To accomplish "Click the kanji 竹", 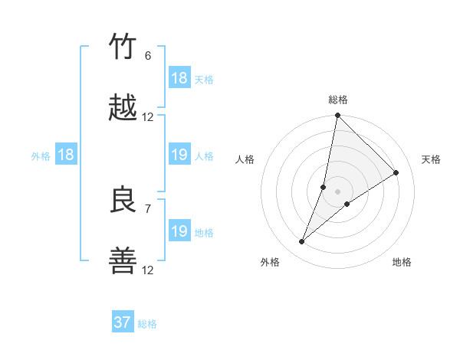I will click(124, 47).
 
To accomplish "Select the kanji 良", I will click(124, 200).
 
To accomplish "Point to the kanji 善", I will click(124, 262).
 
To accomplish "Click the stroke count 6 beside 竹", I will click(148, 56).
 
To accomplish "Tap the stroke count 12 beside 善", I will click(148, 270).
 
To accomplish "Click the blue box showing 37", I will click(123, 322).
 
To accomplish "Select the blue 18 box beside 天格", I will click(179, 78).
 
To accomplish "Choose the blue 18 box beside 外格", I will click(66, 155).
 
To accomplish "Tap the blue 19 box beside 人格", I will click(179, 155).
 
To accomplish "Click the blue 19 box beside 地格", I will click(179, 231).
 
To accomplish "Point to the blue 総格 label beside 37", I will click(147, 324).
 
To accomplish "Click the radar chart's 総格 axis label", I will click(338, 100).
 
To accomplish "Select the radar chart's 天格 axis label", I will click(432, 159).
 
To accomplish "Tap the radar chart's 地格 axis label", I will click(402, 262).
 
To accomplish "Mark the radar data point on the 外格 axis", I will click(302, 242).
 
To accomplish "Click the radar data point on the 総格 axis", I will click(338, 116).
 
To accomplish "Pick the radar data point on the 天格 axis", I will click(396, 172).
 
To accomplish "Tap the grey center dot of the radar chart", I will click(338, 191).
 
